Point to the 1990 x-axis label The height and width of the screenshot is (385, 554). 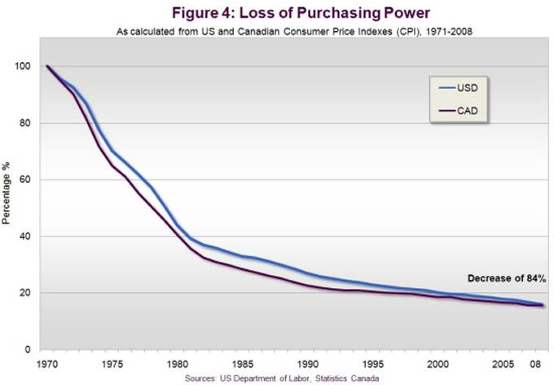[x=308, y=362]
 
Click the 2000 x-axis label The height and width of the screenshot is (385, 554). [x=438, y=362]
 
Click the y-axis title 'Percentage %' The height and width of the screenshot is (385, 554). [x=8, y=200]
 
